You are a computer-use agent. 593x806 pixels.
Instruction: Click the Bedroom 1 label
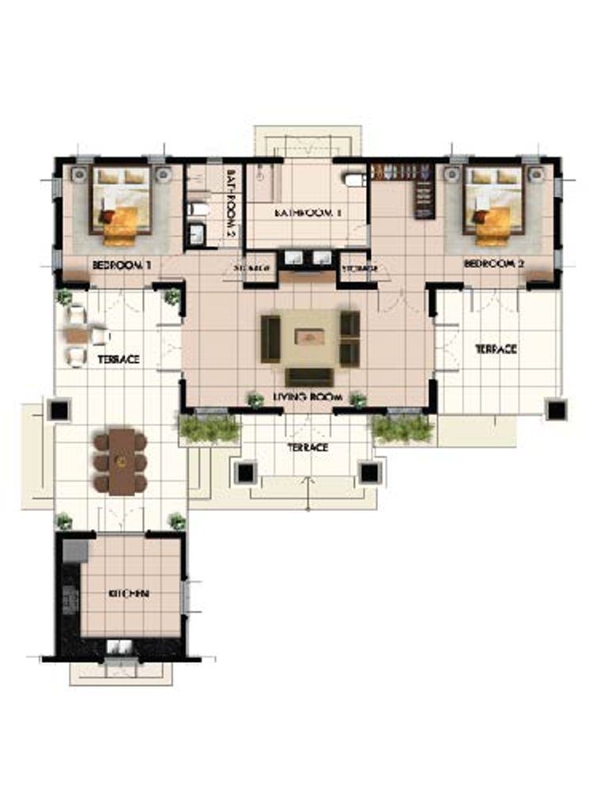[121, 266]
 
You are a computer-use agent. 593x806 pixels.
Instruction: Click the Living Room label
[308, 396]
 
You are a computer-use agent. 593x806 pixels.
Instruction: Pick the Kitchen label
[131, 593]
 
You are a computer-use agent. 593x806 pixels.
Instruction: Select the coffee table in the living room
[311, 336]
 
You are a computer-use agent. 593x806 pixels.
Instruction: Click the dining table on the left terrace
[121, 460]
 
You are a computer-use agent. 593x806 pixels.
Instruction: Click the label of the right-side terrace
[496, 349]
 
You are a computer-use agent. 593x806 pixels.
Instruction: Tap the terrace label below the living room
[308, 448]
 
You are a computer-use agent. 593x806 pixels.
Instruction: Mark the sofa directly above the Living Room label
[308, 377]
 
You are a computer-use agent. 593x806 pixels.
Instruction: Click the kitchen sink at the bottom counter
[121, 647]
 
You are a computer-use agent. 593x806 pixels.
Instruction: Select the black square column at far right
[556, 410]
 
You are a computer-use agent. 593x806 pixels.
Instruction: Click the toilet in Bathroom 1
[353, 179]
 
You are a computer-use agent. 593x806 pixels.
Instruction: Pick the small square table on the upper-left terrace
[77, 335]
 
